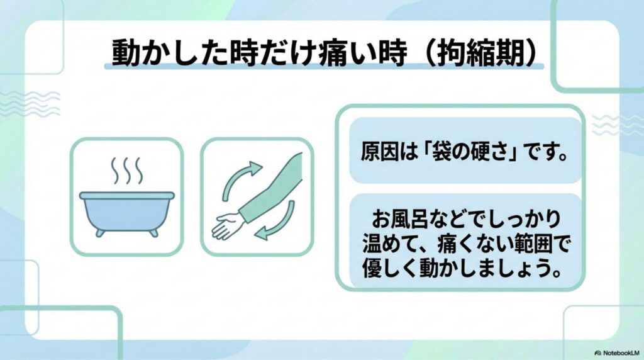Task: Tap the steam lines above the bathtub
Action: point(127,171)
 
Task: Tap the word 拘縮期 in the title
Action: point(482,53)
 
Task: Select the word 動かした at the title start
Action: point(170,53)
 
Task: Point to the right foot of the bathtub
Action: point(153,233)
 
